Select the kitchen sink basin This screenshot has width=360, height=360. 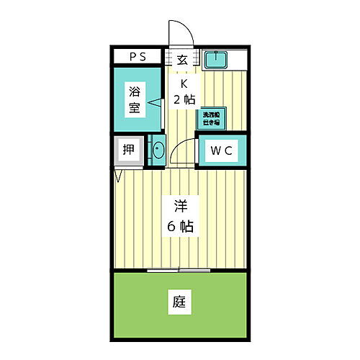(x=215, y=58)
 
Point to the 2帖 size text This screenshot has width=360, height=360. (x=184, y=100)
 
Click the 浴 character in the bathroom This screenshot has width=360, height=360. (x=135, y=91)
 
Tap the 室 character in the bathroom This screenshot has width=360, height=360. (x=135, y=109)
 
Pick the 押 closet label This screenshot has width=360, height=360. (x=127, y=150)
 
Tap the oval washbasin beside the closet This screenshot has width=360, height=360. (x=158, y=151)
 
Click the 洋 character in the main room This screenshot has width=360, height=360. (x=180, y=204)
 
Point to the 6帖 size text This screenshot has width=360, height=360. (x=180, y=225)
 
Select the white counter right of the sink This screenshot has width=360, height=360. (x=237, y=58)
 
